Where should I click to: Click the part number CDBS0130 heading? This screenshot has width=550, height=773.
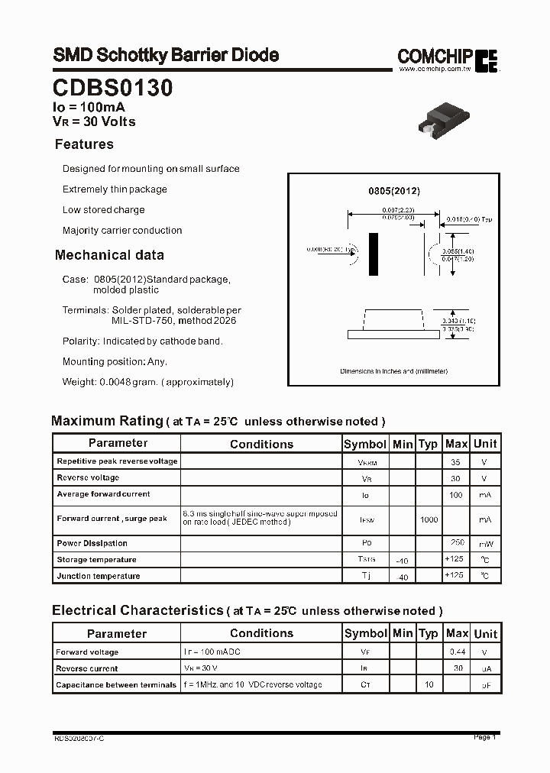[112, 88]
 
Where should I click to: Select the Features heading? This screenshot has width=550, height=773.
[84, 144]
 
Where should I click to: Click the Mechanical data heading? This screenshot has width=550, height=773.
[109, 255]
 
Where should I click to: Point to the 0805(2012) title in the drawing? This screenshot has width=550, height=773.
[393, 191]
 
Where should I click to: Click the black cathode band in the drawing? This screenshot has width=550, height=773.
[374, 254]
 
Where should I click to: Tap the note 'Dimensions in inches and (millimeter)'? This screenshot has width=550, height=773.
[393, 371]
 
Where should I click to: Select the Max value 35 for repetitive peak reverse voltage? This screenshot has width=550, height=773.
[456, 462]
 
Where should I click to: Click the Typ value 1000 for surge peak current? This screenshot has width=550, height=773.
[429, 519]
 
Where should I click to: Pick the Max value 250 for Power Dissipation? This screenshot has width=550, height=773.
[456, 543]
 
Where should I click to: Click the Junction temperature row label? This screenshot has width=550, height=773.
[99, 576]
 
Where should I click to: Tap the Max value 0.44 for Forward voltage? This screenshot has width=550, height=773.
[456, 652]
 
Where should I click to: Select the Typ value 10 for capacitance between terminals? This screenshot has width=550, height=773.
[429, 684]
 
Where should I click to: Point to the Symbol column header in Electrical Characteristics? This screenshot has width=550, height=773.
[365, 633]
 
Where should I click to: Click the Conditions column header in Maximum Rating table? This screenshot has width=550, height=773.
[261, 444]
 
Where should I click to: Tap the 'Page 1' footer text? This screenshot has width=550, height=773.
[484, 737]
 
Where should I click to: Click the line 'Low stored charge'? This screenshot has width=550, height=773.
[103, 210]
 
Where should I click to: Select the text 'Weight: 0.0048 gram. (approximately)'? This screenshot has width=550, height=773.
[148, 382]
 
